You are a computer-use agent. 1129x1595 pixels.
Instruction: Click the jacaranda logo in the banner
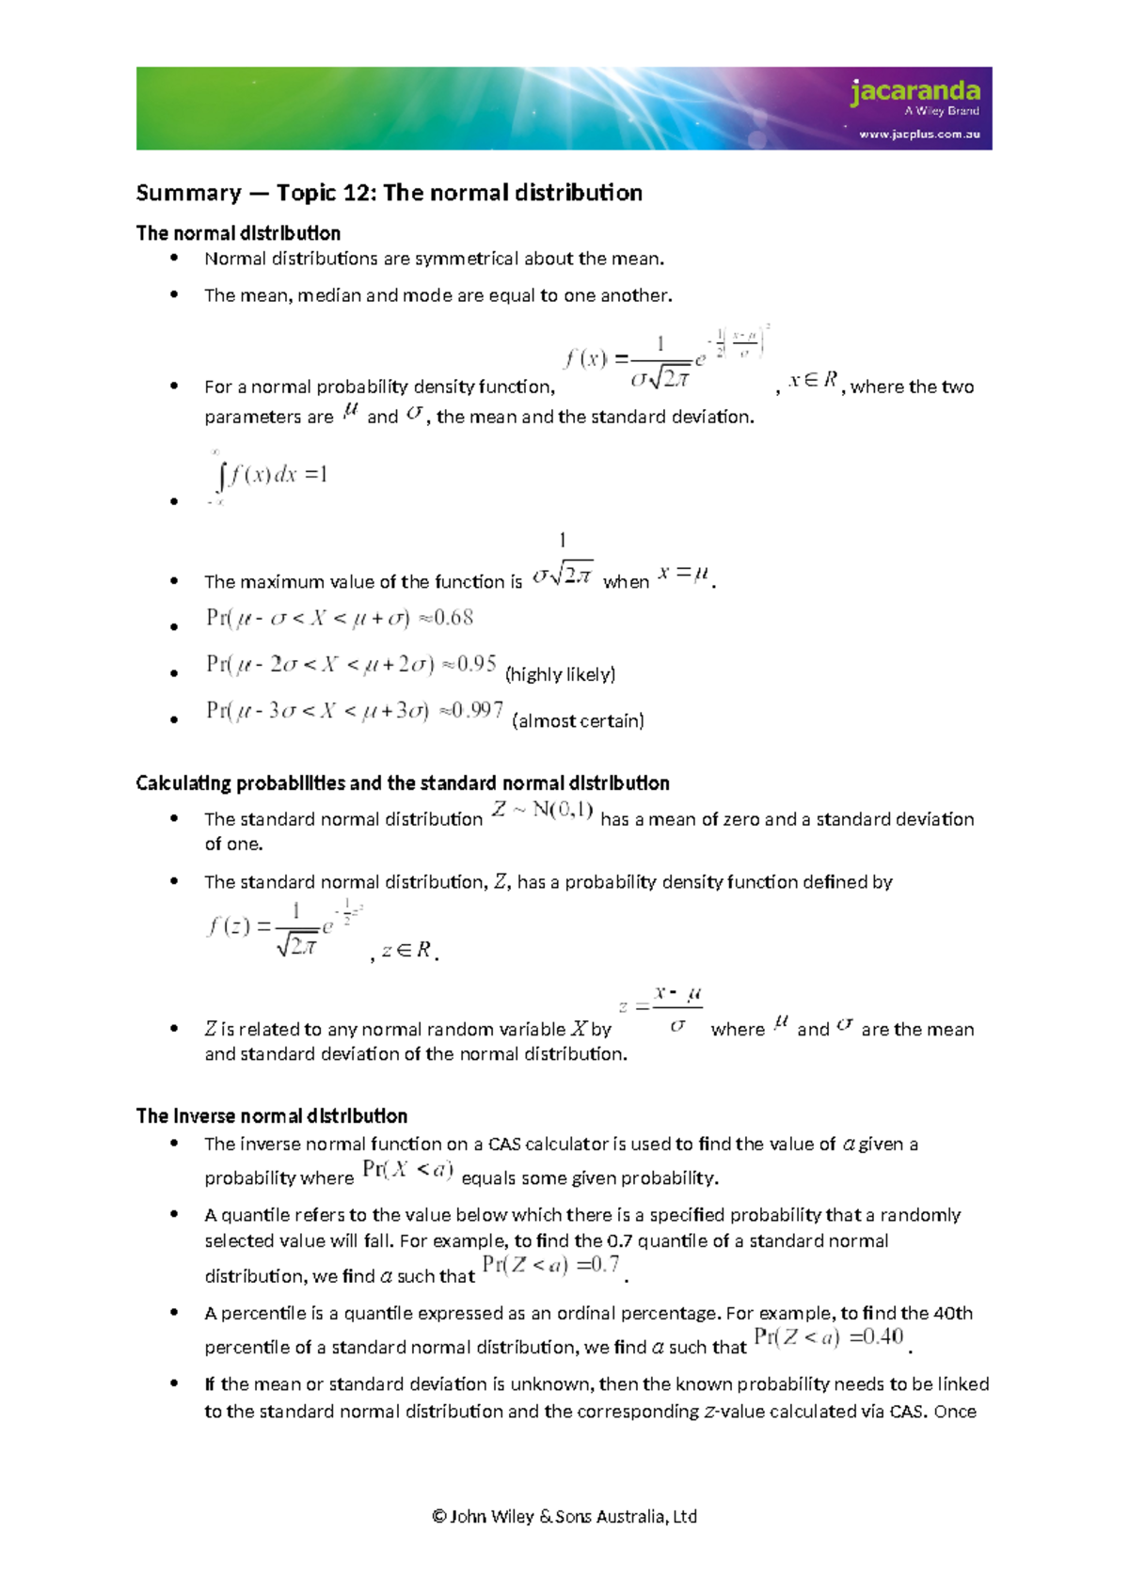tap(914, 92)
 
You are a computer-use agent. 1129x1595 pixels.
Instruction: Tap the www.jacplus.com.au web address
tap(919, 134)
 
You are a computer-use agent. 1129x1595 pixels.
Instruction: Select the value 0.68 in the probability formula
tap(453, 618)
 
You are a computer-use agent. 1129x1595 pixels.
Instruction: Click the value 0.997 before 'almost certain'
tap(478, 710)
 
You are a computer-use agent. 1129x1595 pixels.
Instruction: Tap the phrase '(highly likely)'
tap(560, 674)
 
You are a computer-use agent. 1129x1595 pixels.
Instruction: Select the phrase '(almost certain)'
tap(578, 721)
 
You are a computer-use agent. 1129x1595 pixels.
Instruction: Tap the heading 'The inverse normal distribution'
tap(271, 1116)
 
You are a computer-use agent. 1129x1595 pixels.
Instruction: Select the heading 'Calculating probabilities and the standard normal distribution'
tap(402, 783)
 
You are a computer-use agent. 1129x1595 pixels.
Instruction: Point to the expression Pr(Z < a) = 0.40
tap(828, 1337)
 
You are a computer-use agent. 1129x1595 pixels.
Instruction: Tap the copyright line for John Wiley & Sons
tap(564, 1516)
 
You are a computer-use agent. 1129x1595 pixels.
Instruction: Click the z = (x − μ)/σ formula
tap(661, 1009)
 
